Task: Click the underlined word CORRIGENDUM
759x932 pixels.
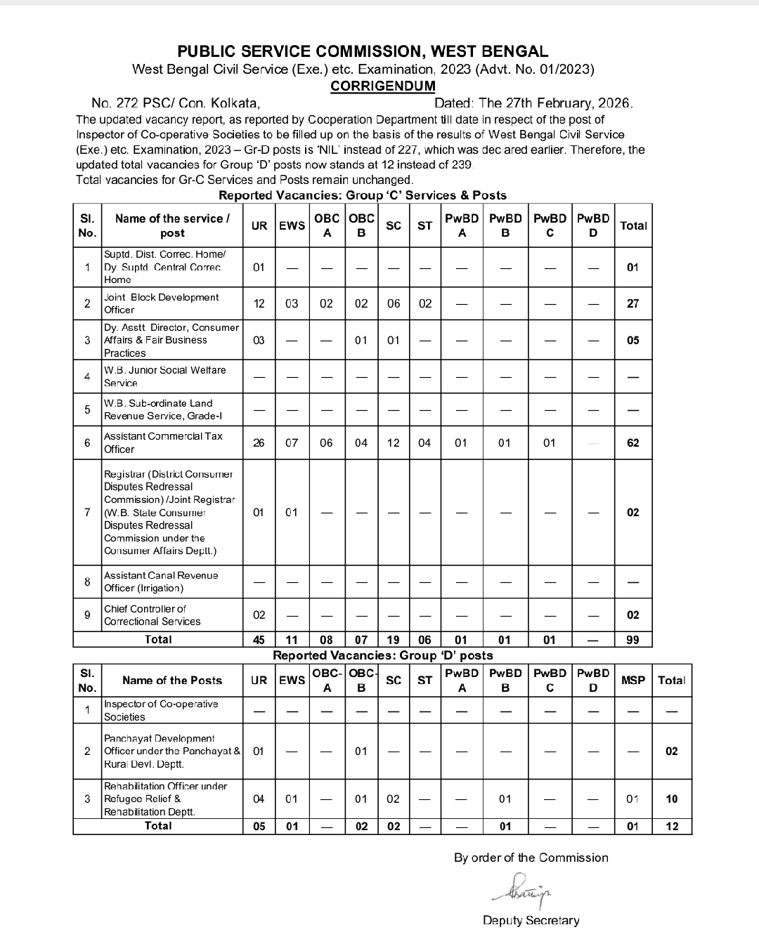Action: (x=383, y=86)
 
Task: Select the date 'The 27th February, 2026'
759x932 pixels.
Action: (x=555, y=103)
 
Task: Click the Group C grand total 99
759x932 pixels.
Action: (x=632, y=639)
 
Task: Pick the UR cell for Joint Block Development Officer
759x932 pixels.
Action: (x=259, y=303)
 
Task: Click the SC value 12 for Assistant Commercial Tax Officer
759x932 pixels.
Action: (x=394, y=442)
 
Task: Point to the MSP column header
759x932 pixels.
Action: (x=632, y=680)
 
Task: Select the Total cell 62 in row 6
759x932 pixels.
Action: (x=632, y=442)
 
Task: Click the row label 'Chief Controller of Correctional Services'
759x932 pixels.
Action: (x=153, y=615)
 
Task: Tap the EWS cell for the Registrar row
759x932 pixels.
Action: (x=292, y=512)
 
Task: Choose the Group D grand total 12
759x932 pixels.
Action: (x=672, y=826)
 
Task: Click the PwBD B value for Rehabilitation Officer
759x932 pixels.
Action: (x=505, y=799)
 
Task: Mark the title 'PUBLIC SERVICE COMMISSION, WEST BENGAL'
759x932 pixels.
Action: (x=363, y=51)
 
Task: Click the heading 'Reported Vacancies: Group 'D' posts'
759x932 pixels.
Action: (x=383, y=655)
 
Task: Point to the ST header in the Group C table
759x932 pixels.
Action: (x=424, y=225)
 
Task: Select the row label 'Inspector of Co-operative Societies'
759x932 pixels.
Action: (x=161, y=710)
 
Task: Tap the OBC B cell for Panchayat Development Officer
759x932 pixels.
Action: (x=361, y=751)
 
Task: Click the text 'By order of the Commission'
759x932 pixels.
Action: (x=531, y=858)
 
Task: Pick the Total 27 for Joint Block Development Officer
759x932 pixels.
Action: (x=632, y=303)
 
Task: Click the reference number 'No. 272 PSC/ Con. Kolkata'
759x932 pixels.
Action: (x=176, y=103)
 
